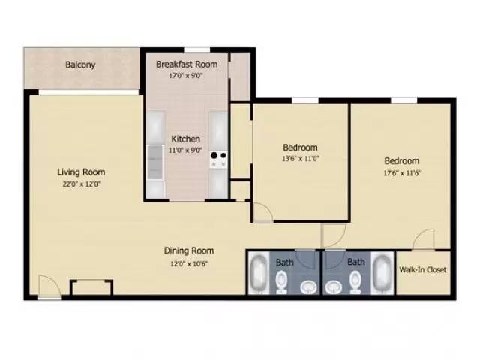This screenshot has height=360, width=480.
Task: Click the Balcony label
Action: [80, 64]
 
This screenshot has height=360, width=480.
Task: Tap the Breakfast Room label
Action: [187, 64]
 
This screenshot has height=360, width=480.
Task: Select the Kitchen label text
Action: [185, 139]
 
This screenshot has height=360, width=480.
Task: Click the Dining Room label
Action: [189, 250]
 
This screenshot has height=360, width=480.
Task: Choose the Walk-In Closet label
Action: [424, 268]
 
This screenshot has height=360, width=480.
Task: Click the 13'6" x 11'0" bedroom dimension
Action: [300, 159]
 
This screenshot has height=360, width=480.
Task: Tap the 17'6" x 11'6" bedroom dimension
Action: [401, 173]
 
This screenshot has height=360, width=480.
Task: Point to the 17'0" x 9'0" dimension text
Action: [186, 75]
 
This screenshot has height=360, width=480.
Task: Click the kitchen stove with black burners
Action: [218, 158]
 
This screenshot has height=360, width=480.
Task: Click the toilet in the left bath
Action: [282, 283]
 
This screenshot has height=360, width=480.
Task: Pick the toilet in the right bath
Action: [355, 283]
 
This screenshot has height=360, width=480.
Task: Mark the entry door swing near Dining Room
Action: [48, 286]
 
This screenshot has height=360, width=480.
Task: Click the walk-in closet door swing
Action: [424, 239]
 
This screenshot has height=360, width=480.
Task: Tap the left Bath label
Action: [285, 262]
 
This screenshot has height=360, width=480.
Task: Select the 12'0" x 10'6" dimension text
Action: [189, 262]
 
